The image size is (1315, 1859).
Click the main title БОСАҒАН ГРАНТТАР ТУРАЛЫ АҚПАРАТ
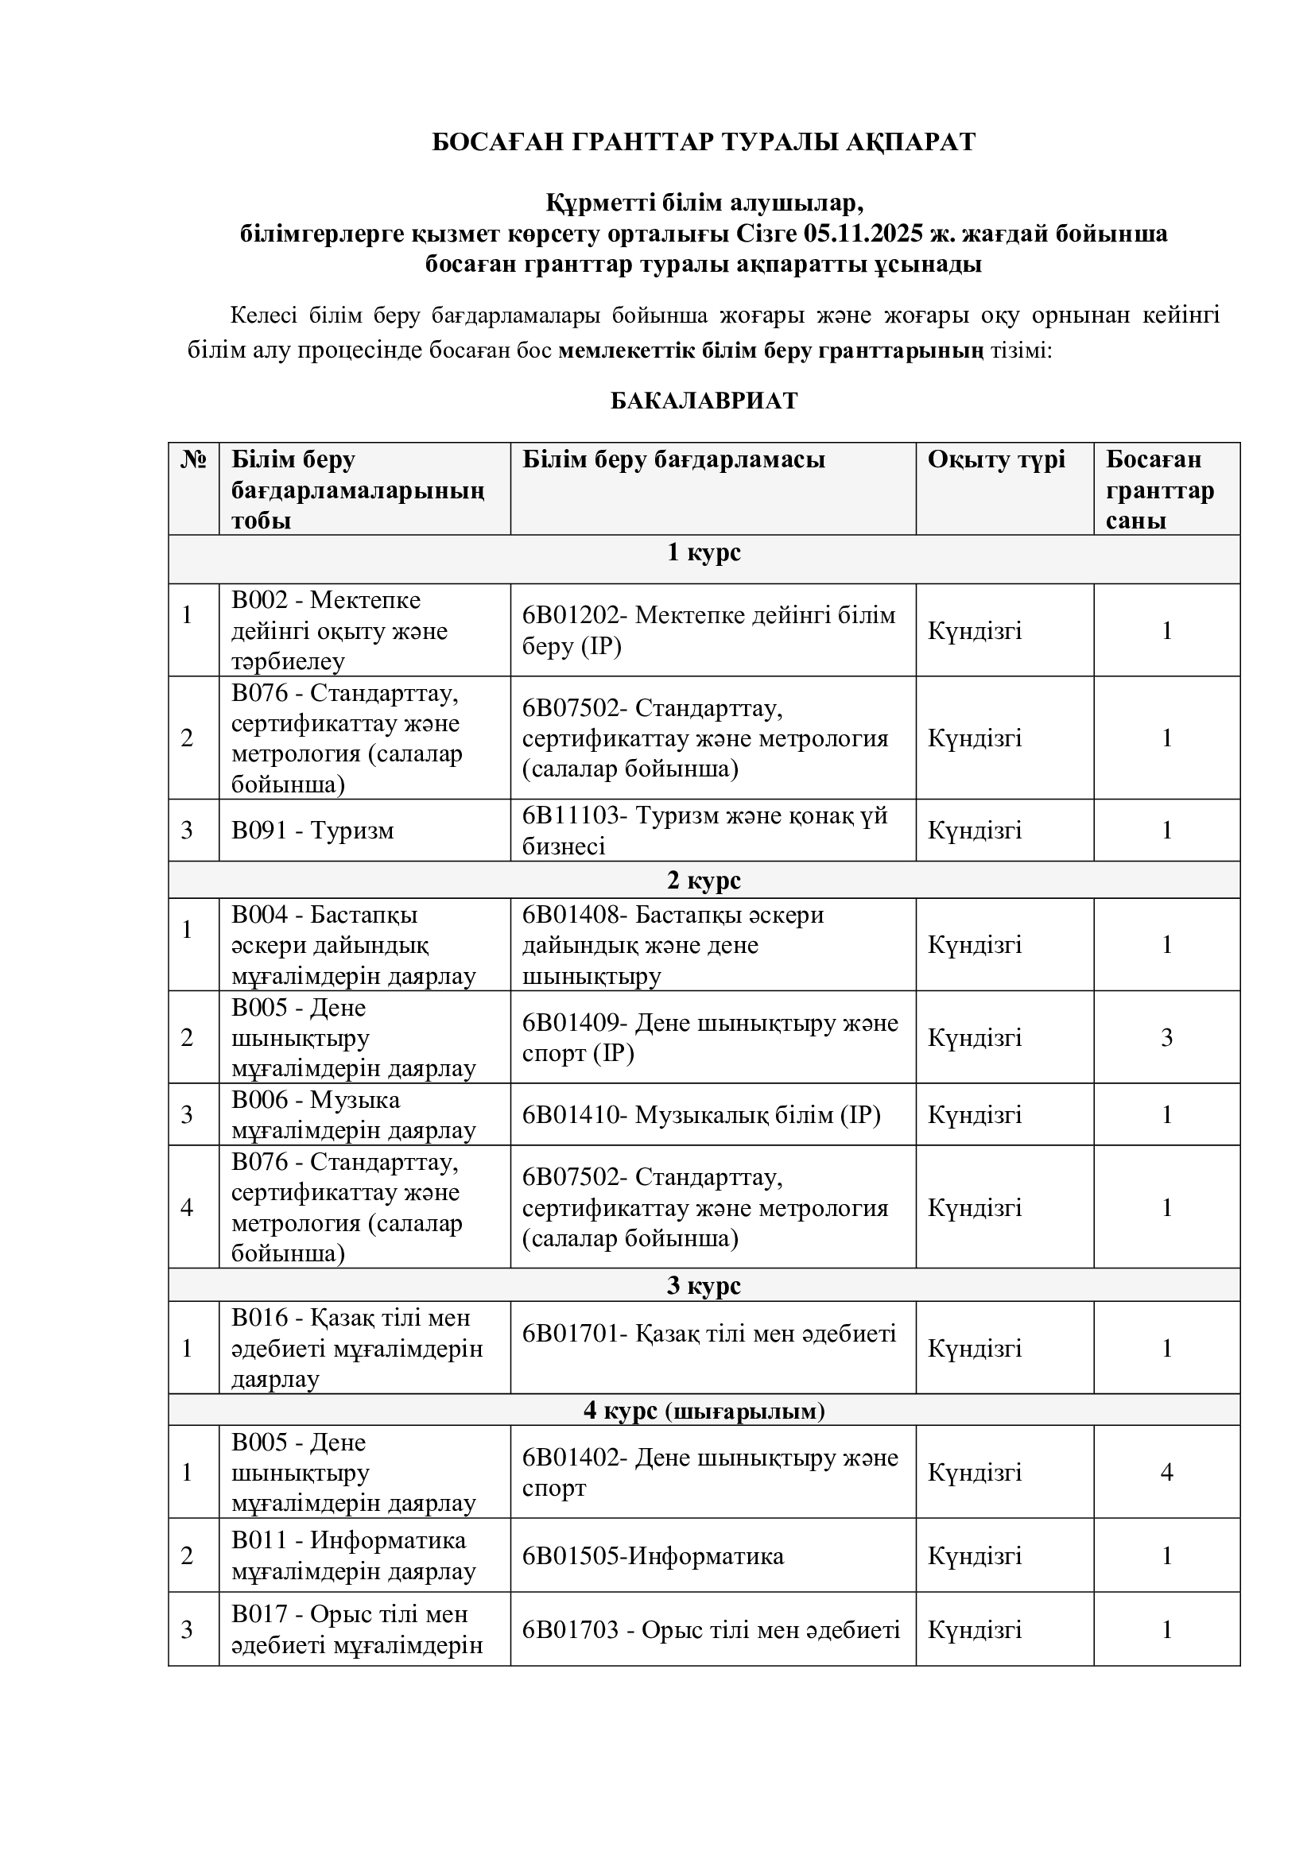pyautogui.click(x=703, y=141)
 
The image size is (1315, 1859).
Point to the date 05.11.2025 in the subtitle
pyautogui.click(x=863, y=234)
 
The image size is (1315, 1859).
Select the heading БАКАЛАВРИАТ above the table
pyautogui.click(x=703, y=401)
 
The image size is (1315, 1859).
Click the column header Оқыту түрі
pyautogui.click(x=996, y=460)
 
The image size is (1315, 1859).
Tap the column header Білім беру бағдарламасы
pyautogui.click(x=673, y=460)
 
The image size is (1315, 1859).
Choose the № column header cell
pyautogui.click(x=193, y=460)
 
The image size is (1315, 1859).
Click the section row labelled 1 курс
pyautogui.click(x=703, y=553)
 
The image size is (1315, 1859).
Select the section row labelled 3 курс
pyautogui.click(x=703, y=1286)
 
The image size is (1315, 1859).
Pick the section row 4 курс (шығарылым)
pyautogui.click(x=703, y=1412)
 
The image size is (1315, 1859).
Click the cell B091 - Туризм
pyautogui.click(x=312, y=831)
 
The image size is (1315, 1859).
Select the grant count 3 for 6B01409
pyautogui.click(x=1166, y=1038)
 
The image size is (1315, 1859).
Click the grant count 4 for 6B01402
pyautogui.click(x=1166, y=1473)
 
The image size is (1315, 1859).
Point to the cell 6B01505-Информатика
pyautogui.click(x=653, y=1556)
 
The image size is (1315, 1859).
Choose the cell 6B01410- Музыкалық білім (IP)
pyautogui.click(x=700, y=1115)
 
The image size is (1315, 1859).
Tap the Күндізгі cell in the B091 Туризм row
pyautogui.click(x=974, y=831)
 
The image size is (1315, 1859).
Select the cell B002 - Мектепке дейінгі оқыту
pyautogui.click(x=339, y=631)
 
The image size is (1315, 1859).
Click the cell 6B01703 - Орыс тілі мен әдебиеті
pyautogui.click(x=710, y=1630)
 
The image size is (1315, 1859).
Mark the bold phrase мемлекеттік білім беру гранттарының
pyautogui.click(x=771, y=351)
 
